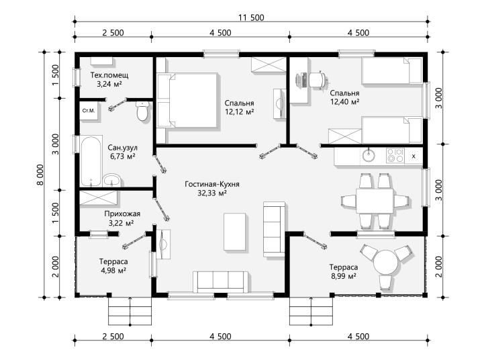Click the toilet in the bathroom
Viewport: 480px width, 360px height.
coord(142,111)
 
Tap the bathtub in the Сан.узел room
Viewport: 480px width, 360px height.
coord(91,161)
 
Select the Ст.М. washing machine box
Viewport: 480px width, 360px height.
coord(89,111)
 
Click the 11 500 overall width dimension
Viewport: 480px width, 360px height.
coord(251,17)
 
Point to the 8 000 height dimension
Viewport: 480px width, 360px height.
coord(41,175)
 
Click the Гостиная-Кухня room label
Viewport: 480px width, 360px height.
coord(212,184)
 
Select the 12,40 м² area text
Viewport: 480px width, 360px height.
coord(344,101)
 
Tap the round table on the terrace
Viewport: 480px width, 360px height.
coord(386,262)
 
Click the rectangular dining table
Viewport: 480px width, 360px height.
coord(375,201)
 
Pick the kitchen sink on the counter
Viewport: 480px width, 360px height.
coord(369,155)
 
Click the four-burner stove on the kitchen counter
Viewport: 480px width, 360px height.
coord(395,155)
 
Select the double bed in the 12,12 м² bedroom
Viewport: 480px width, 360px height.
coord(187,100)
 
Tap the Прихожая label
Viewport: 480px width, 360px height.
coord(122,214)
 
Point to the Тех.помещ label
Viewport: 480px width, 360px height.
coord(109,75)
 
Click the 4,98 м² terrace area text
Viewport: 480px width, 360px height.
coord(113,271)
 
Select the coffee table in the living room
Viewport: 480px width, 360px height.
coord(235,232)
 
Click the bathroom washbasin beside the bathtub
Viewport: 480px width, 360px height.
coord(111,180)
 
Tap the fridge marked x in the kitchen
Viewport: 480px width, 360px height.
coord(414,156)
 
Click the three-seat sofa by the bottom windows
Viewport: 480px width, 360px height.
coord(220,282)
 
